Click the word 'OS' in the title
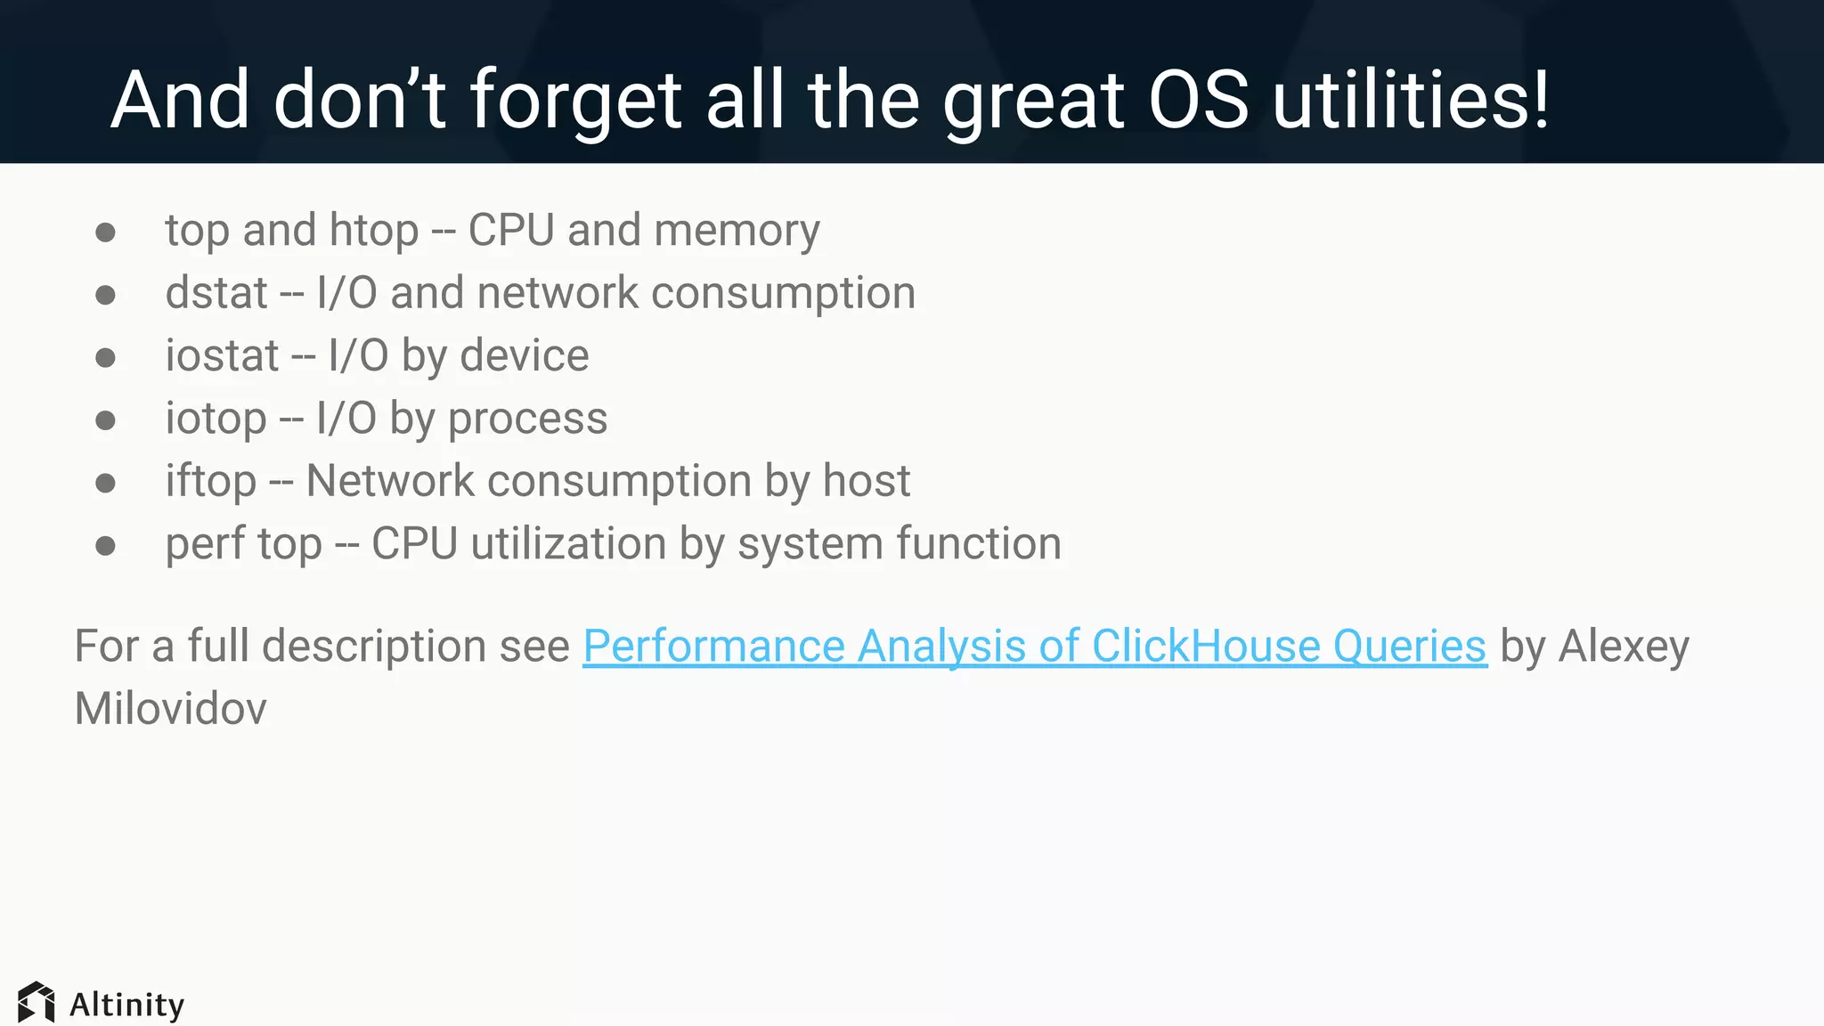(x=1198, y=100)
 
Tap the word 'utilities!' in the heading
(x=1411, y=100)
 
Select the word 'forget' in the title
(x=575, y=102)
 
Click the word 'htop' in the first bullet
(x=374, y=232)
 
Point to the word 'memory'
(x=737, y=232)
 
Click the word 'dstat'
(x=216, y=293)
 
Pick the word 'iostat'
(x=222, y=356)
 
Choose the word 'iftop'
(x=211, y=482)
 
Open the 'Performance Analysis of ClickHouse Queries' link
(x=1035, y=647)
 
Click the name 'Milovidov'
(x=170, y=709)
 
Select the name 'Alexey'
(x=1623, y=647)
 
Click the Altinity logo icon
(x=37, y=1003)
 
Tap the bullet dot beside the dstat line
(x=105, y=295)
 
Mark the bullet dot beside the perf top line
(x=105, y=545)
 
